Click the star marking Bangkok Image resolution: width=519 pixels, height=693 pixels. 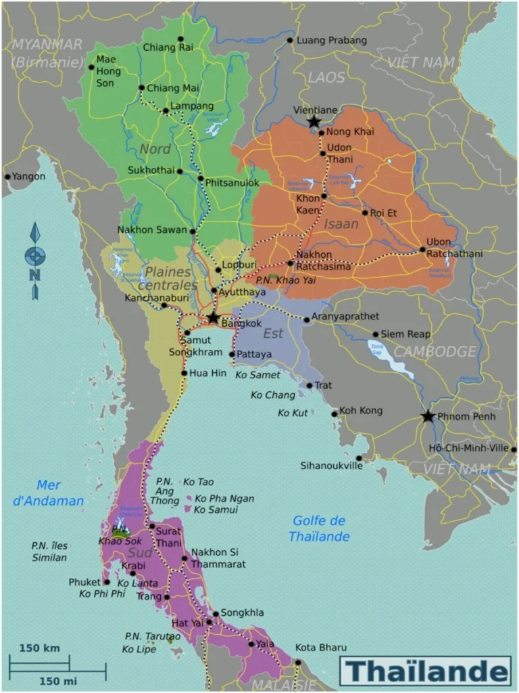click(x=214, y=317)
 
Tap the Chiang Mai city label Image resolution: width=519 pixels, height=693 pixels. click(x=172, y=88)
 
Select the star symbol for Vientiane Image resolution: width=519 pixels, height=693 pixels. click(x=314, y=122)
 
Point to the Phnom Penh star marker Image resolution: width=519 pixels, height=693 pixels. click(x=427, y=416)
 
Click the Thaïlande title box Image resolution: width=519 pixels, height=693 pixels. click(x=425, y=671)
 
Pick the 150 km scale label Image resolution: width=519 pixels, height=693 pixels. click(x=39, y=648)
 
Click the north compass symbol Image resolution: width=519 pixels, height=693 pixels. click(x=35, y=261)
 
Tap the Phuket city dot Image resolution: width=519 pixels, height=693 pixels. click(x=106, y=582)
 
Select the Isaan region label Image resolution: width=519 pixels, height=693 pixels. click(x=341, y=223)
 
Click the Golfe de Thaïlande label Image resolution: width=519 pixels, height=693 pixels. click(x=320, y=529)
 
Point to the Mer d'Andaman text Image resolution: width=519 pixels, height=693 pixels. click(x=59, y=493)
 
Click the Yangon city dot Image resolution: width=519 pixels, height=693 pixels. click(x=8, y=177)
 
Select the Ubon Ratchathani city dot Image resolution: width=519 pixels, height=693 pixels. click(x=422, y=249)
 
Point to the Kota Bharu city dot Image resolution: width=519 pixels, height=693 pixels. click(x=297, y=663)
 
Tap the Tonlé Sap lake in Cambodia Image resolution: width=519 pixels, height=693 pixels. click(x=378, y=351)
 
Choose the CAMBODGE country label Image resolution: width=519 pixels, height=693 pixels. click(x=435, y=352)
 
